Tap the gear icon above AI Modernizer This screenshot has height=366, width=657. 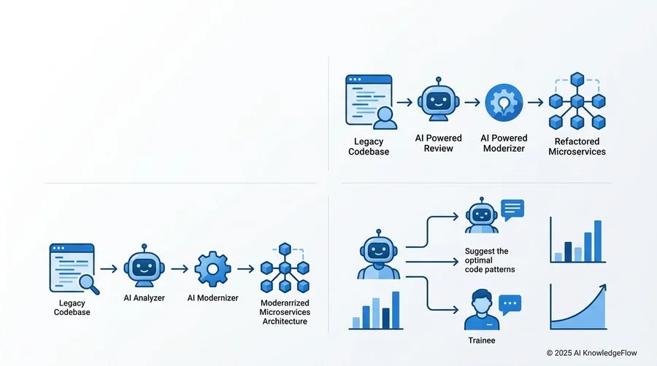(x=212, y=269)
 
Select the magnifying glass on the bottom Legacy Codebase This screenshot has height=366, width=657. (x=89, y=284)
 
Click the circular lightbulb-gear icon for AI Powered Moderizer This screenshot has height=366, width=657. (x=504, y=103)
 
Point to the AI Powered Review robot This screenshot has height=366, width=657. (x=438, y=100)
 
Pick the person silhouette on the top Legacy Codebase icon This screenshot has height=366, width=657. (x=385, y=118)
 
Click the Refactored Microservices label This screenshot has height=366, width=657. (x=577, y=147)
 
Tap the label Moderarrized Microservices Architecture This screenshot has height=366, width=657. (x=285, y=312)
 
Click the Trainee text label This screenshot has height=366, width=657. (x=482, y=340)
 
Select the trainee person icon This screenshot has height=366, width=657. (x=482, y=310)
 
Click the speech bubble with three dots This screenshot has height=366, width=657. (x=510, y=305)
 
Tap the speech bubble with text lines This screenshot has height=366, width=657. (x=512, y=209)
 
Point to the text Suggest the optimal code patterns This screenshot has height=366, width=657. (x=490, y=260)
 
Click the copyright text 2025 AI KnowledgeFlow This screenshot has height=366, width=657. (x=591, y=353)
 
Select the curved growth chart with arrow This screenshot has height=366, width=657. (x=578, y=307)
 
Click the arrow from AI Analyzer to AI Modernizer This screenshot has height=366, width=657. (x=180, y=269)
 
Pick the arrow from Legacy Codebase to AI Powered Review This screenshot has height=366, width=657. (x=404, y=103)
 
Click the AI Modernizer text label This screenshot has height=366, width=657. (x=213, y=297)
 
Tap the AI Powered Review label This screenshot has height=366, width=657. (x=438, y=143)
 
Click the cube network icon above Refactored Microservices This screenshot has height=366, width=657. (x=577, y=101)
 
